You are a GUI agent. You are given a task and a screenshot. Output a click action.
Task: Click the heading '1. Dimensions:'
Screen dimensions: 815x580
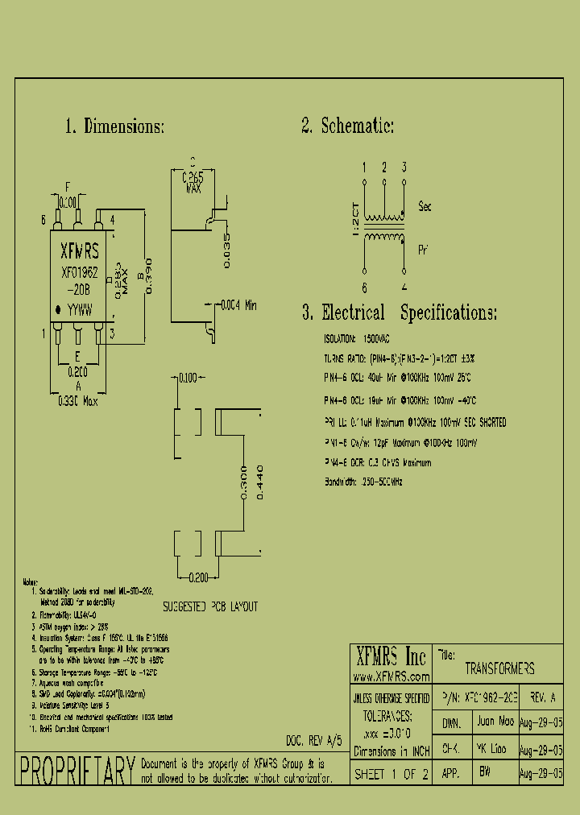point(114,126)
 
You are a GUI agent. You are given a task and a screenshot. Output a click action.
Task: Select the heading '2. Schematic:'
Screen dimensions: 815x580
point(347,126)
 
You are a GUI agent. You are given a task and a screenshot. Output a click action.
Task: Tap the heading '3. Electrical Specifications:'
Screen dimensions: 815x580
point(400,313)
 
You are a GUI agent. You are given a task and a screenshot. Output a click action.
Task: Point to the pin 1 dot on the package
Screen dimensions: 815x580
point(58,309)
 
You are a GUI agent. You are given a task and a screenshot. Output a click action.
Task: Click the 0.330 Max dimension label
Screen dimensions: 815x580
point(77,401)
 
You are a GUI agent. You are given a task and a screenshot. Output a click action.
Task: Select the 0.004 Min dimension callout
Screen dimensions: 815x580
point(239,305)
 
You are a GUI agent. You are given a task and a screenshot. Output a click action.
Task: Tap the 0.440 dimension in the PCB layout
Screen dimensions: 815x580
point(259,482)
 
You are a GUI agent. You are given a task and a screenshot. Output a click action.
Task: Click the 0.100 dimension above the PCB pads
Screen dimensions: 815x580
point(188,377)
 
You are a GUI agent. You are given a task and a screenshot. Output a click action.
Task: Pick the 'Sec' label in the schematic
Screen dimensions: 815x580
point(425,207)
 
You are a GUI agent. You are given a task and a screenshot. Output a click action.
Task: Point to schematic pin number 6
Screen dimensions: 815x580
point(364,288)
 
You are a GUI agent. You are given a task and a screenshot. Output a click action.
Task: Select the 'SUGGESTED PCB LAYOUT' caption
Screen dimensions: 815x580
point(210,606)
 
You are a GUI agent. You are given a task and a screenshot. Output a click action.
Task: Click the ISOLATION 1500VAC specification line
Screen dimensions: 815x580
point(355,339)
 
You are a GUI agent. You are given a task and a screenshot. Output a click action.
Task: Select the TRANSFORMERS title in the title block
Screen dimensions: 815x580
point(499,668)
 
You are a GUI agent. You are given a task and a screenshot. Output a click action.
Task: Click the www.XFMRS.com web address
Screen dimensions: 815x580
point(391,677)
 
